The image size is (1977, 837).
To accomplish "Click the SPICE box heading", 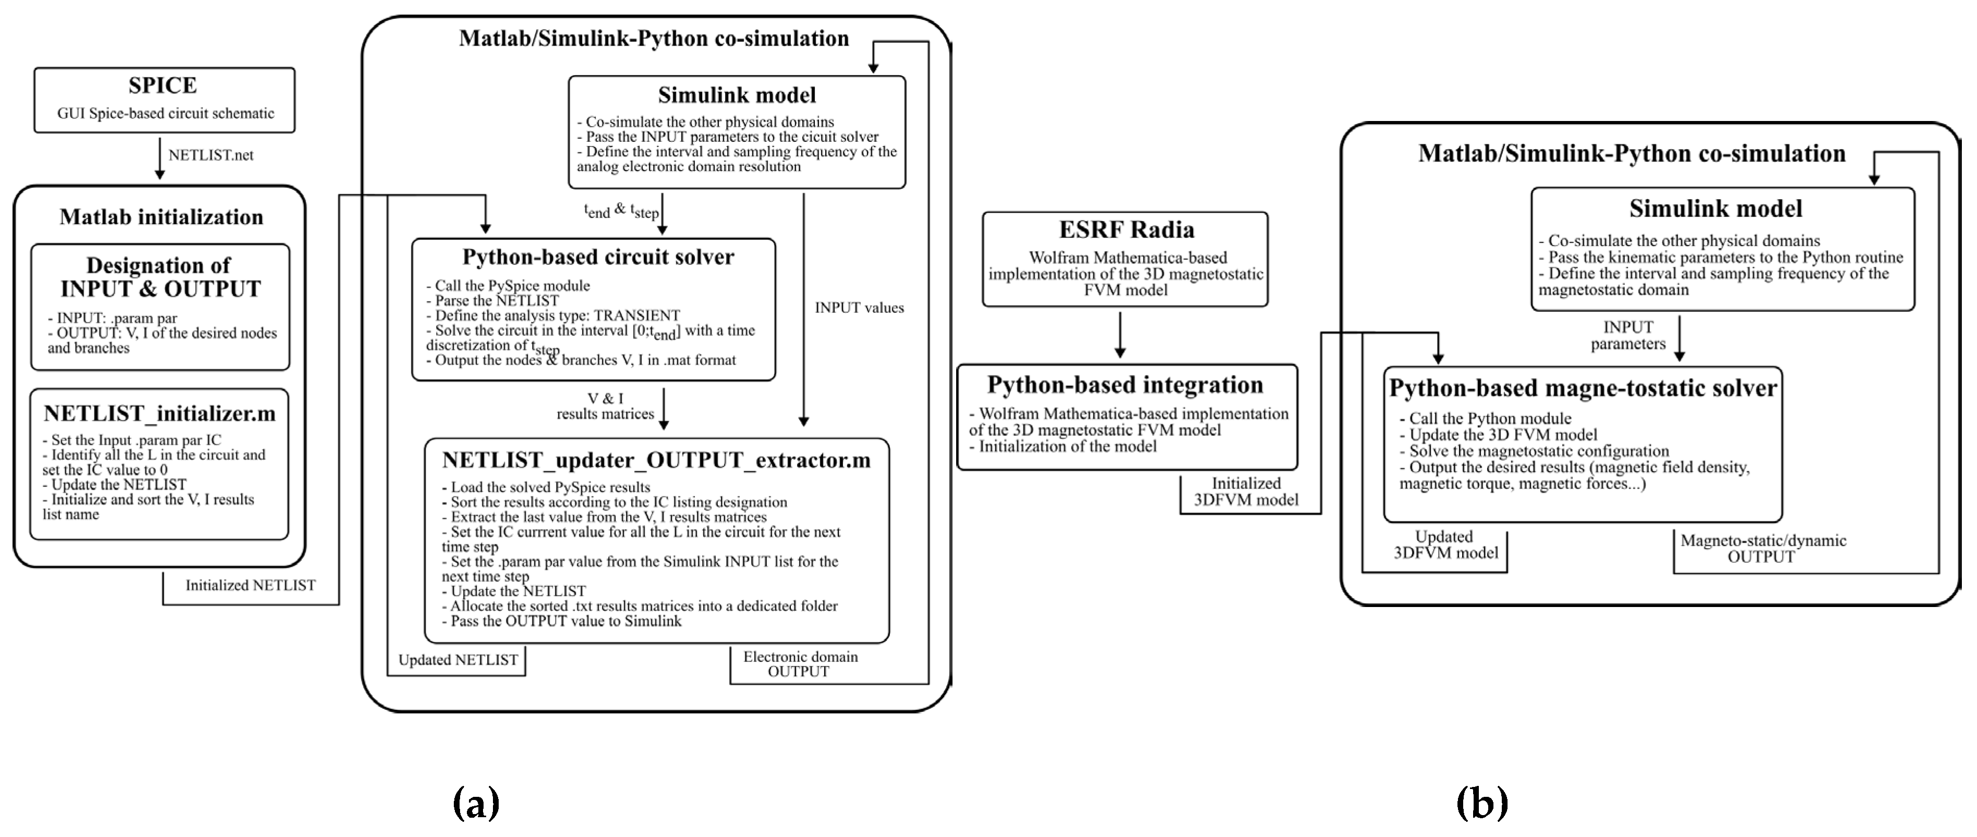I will coord(163,85).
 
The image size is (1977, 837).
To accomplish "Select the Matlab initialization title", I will coord(161,217).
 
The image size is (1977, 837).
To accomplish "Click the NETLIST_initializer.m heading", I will coord(160,414).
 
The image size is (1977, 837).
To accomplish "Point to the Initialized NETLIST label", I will coord(250,585).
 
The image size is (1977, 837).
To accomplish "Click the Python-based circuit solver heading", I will coord(598,257).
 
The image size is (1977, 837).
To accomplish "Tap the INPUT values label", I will coord(859,308).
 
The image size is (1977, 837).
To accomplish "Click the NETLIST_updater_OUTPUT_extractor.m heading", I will coord(656,460).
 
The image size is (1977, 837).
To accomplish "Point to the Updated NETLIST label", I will coord(458,660).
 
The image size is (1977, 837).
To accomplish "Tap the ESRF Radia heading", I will coord(1126,230).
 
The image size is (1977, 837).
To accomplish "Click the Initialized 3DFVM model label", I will coord(1246,492).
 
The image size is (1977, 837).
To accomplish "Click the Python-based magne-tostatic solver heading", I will coord(1583,388).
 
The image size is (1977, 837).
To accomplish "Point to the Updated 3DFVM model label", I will coord(1445,545).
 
